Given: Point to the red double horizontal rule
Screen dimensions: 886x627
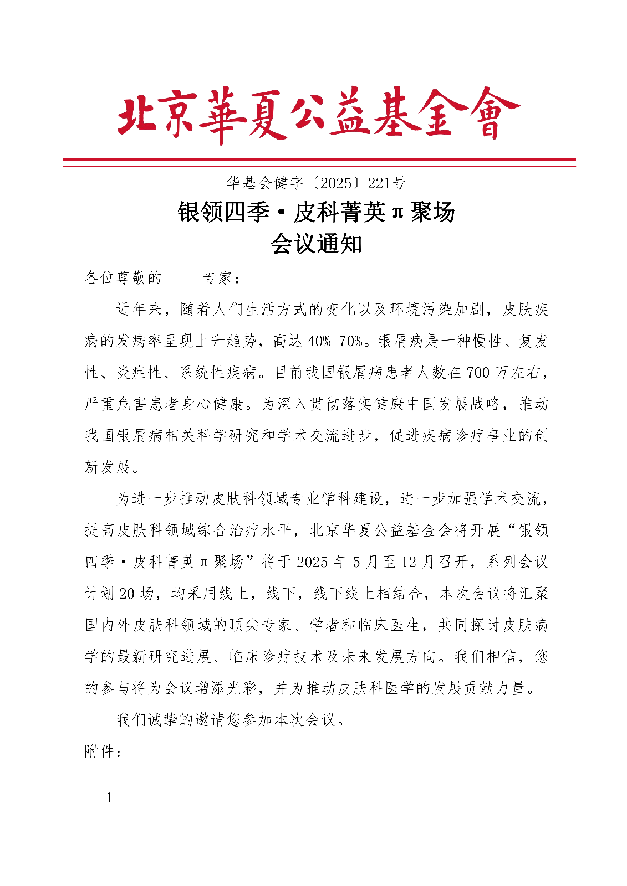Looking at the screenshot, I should (319, 162).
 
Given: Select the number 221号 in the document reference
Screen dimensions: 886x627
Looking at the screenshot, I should (387, 183).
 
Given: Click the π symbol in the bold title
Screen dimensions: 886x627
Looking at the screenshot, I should (397, 212).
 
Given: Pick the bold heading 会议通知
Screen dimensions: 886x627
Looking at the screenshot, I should (316, 244).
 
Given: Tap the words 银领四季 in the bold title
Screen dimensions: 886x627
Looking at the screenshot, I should (223, 212).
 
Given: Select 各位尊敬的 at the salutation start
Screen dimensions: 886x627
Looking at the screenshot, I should (123, 277).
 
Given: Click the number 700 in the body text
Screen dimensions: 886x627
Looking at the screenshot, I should (478, 373).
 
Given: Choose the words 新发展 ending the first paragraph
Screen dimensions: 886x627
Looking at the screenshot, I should (108, 467).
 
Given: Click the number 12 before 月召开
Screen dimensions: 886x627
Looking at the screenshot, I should (409, 562).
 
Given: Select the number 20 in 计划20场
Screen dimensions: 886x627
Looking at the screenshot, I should (127, 594).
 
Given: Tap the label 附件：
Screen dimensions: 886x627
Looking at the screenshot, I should (103, 751).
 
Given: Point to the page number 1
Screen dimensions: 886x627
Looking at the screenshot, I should (109, 798).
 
